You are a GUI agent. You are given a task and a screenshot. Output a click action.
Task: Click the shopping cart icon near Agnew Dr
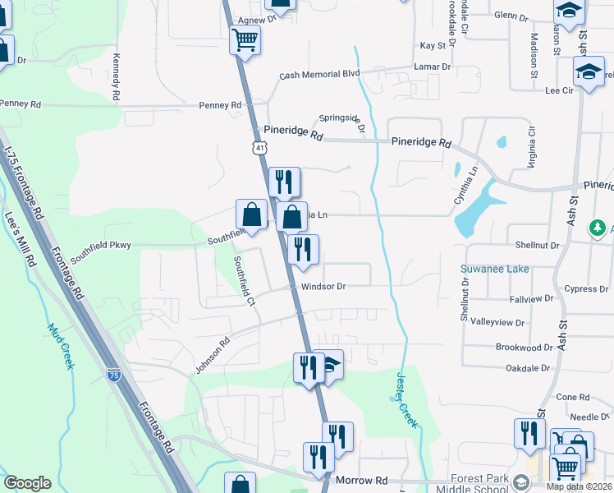245,39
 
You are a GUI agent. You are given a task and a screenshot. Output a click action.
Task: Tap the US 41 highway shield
259,147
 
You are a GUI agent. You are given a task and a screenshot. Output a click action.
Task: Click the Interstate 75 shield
113,375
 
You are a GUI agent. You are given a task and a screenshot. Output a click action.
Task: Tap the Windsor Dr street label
323,287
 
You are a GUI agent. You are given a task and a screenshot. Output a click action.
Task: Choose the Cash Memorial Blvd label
319,74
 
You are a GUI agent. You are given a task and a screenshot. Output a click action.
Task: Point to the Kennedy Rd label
116,73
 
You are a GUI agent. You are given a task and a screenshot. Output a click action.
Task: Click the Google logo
27,483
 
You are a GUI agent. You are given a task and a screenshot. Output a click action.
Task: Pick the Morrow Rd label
360,480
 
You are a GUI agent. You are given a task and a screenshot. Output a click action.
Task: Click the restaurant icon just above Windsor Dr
303,250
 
